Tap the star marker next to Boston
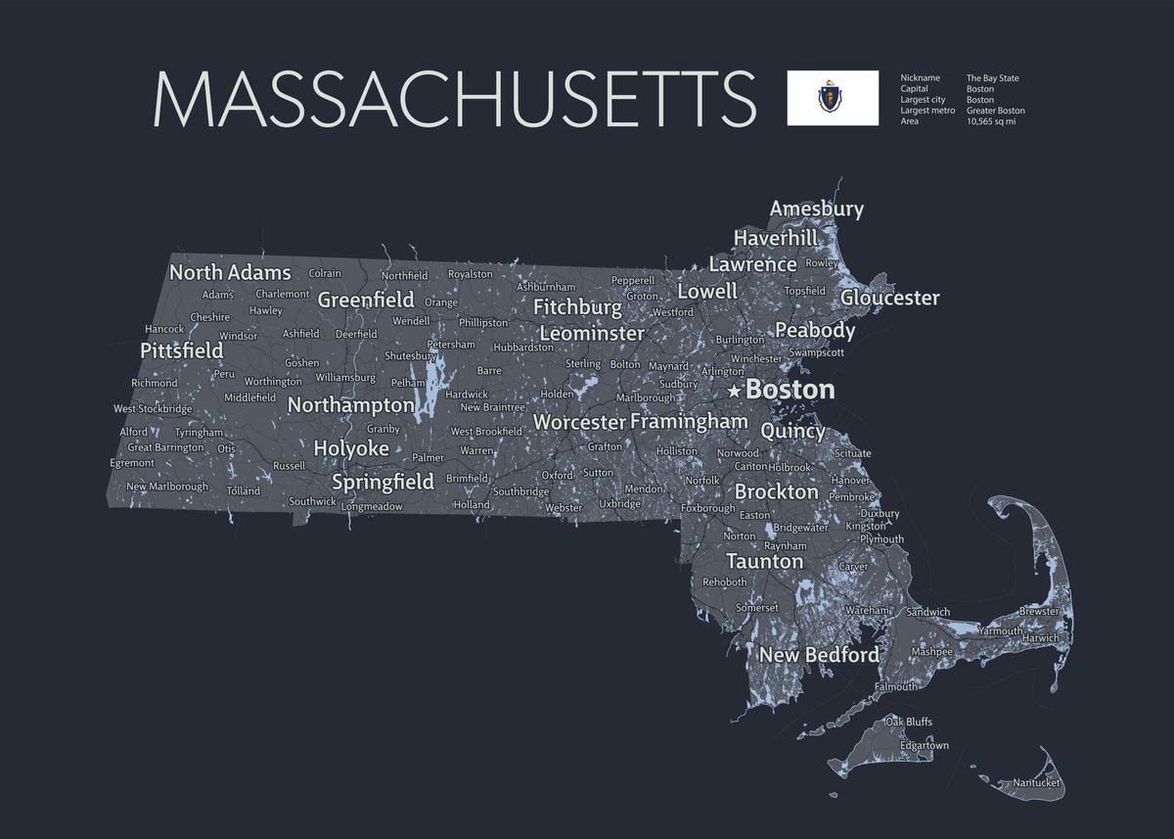pos(735,391)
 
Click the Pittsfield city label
pos(182,350)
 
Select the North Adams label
pos(230,272)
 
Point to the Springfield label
pos(383,482)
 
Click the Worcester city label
pos(579,422)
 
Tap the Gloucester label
pos(889,298)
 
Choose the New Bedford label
pos(819,655)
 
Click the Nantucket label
pos(1036,782)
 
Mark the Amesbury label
pos(816,209)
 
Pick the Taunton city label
pos(764,562)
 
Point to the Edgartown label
pos(924,746)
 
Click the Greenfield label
pos(366,300)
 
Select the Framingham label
pos(689,421)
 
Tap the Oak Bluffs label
pos(908,722)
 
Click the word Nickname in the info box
pos(920,78)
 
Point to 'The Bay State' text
pos(992,78)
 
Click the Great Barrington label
pos(166,447)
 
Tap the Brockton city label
pos(776,491)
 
